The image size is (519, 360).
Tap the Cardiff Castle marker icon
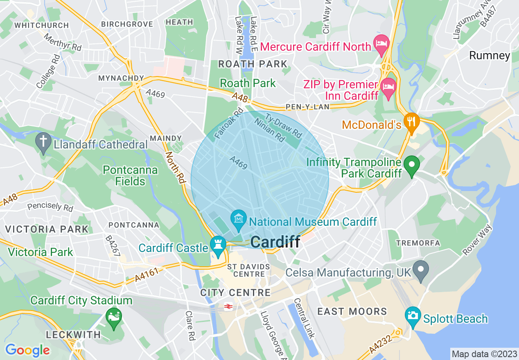(218, 245)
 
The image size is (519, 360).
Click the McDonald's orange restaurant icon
(411, 122)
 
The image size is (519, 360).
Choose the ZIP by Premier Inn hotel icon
(388, 87)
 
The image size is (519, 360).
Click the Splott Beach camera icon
(413, 315)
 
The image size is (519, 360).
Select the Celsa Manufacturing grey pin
(420, 269)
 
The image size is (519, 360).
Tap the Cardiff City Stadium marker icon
(113, 317)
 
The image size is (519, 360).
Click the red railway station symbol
(228, 307)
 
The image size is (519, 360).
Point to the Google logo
(27, 350)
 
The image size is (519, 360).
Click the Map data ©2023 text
(483, 354)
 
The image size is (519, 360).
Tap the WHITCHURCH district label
(41, 25)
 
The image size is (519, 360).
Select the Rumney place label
(490, 56)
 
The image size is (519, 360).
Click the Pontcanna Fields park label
(130, 175)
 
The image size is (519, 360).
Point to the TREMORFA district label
(418, 243)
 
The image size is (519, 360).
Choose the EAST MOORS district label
(352, 311)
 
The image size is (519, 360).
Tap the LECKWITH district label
(73, 335)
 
